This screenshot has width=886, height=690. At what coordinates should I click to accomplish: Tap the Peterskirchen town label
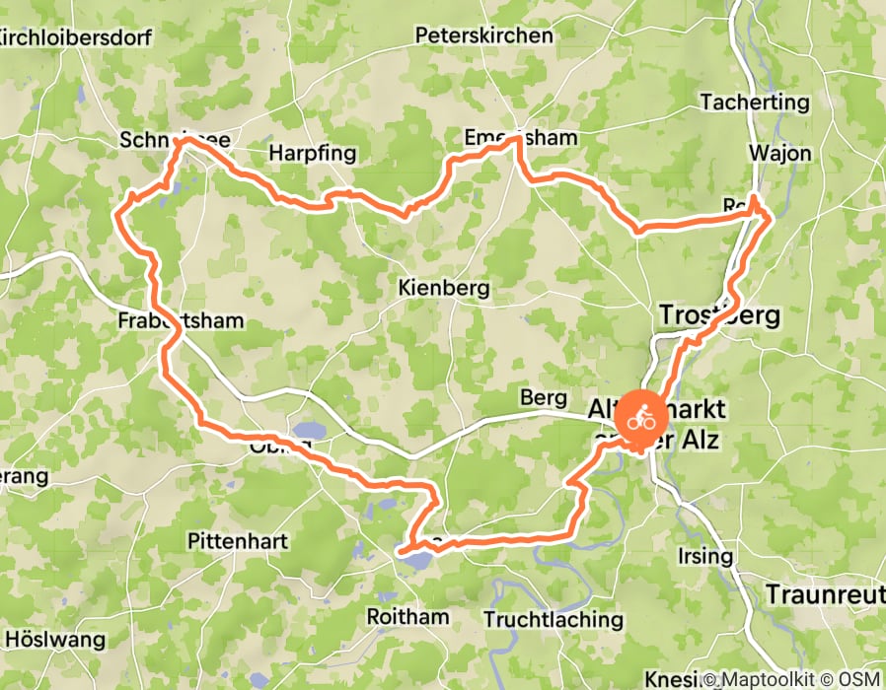click(x=483, y=35)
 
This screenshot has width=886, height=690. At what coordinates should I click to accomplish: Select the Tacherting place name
click(x=754, y=102)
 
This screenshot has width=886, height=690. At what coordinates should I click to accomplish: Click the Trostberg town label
click(x=718, y=315)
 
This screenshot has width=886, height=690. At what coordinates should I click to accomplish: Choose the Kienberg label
click(x=444, y=289)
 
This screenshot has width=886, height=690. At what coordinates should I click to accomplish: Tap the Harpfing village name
click(x=312, y=154)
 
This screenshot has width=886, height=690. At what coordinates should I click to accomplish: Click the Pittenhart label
click(x=238, y=541)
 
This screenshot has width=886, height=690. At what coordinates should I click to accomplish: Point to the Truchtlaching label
click(x=554, y=619)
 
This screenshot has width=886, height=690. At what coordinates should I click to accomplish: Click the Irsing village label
click(x=705, y=556)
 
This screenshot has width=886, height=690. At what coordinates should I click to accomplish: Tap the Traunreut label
click(x=826, y=594)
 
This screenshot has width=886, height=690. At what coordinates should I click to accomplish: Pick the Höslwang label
click(x=54, y=640)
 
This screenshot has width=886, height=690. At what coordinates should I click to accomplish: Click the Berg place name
click(x=544, y=398)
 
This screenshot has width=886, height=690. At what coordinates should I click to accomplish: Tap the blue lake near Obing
click(x=308, y=430)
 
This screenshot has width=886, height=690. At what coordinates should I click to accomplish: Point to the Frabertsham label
click(x=180, y=320)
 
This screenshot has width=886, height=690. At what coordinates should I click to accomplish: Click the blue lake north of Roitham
click(x=417, y=559)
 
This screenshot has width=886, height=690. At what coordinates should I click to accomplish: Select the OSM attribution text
click(x=854, y=680)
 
